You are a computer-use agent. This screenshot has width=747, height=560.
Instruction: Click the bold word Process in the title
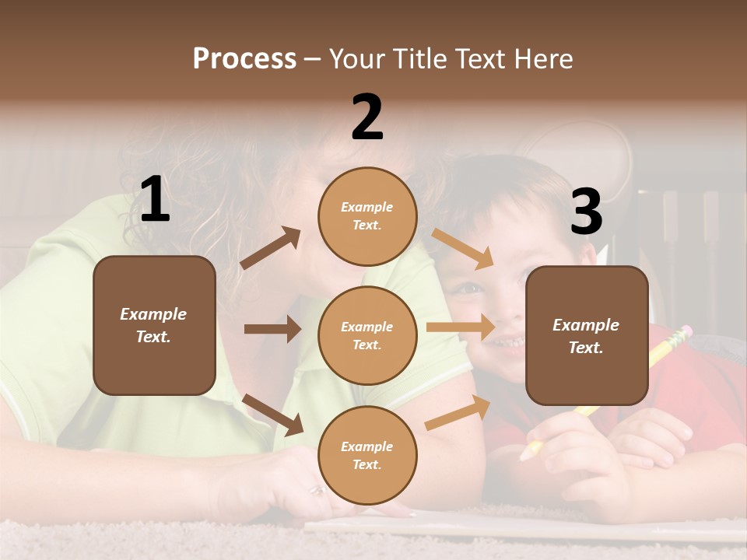(x=244, y=58)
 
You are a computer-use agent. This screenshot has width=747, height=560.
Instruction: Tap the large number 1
(x=155, y=200)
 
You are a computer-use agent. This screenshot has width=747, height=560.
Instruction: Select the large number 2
(x=367, y=117)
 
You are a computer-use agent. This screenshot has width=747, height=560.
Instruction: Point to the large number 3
(x=586, y=212)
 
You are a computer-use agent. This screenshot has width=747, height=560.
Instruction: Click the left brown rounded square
(x=154, y=325)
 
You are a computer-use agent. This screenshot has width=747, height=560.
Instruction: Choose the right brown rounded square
(x=587, y=336)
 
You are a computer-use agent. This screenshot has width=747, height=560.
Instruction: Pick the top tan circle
(x=367, y=216)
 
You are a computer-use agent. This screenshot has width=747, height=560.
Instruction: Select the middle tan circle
(x=367, y=335)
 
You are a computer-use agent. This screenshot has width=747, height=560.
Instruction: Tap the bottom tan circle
(x=367, y=455)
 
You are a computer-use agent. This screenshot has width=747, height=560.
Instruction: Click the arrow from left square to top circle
(x=271, y=248)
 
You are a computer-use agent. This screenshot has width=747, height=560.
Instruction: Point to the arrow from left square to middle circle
(x=272, y=329)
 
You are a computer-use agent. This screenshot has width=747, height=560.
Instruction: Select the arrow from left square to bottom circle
(x=273, y=415)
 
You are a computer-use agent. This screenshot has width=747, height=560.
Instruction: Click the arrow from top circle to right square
(x=462, y=248)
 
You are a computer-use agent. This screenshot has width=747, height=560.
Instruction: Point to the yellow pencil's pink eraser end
(x=684, y=332)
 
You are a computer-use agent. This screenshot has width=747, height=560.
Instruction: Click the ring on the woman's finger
(x=318, y=490)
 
